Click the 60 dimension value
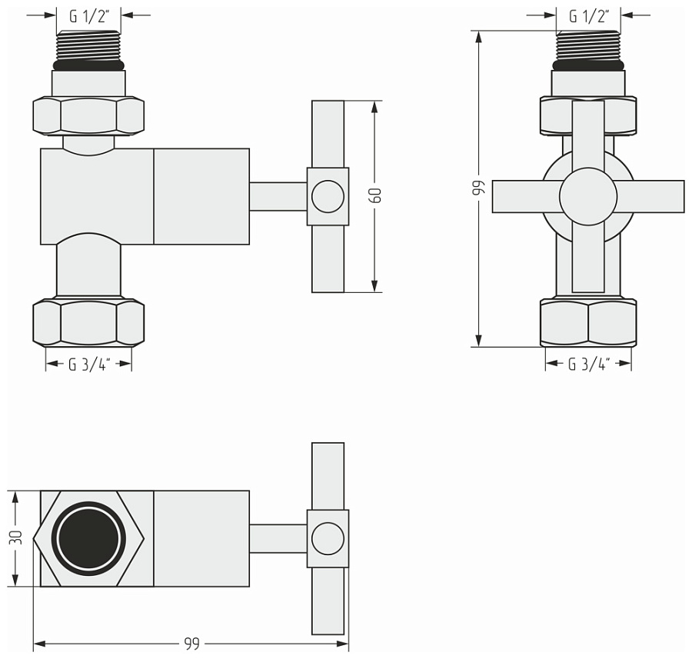click(x=376, y=195)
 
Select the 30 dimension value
click(x=16, y=538)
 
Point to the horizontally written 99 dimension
click(x=191, y=644)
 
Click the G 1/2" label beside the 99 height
click(x=589, y=15)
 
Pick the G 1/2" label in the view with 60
click(x=89, y=15)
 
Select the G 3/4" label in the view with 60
click(x=89, y=364)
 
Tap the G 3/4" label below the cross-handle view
click(x=588, y=364)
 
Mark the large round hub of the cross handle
click(x=588, y=197)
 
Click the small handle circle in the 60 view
click(x=328, y=197)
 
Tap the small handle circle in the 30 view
click(x=328, y=538)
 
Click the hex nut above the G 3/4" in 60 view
click(x=88, y=323)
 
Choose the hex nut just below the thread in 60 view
click(x=88, y=115)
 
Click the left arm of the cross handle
click(x=523, y=197)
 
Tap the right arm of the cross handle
click(x=654, y=197)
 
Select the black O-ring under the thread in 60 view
click(x=89, y=66)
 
